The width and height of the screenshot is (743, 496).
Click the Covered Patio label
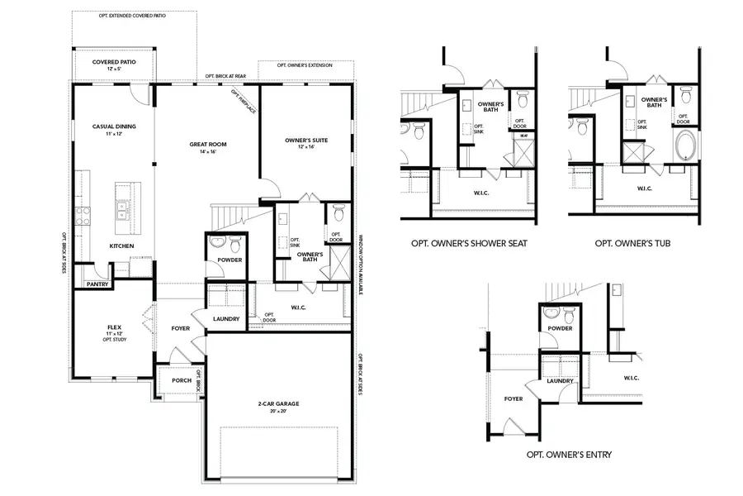coord(115,62)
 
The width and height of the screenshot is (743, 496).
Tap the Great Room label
coord(207,145)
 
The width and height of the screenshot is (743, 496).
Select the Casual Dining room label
coord(114,126)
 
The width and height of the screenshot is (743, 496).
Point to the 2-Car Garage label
coord(277,404)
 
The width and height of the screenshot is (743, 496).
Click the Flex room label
coord(114,327)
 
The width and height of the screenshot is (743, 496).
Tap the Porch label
coord(181,380)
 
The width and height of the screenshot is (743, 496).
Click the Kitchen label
coord(122,246)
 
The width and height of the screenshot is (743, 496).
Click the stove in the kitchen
coord(83,216)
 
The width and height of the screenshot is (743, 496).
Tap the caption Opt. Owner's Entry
coord(569,455)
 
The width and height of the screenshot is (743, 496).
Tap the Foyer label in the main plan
coord(180,328)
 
